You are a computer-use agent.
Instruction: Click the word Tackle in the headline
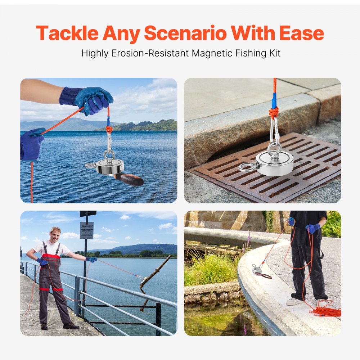tap(67, 33)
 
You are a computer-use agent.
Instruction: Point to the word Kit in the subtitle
tap(273, 53)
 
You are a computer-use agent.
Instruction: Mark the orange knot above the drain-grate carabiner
tap(274, 113)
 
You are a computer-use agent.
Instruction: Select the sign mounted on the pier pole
tap(86, 230)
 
